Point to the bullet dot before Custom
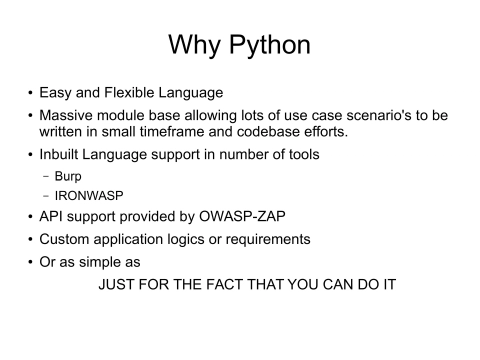pyautogui.click(x=29, y=241)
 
